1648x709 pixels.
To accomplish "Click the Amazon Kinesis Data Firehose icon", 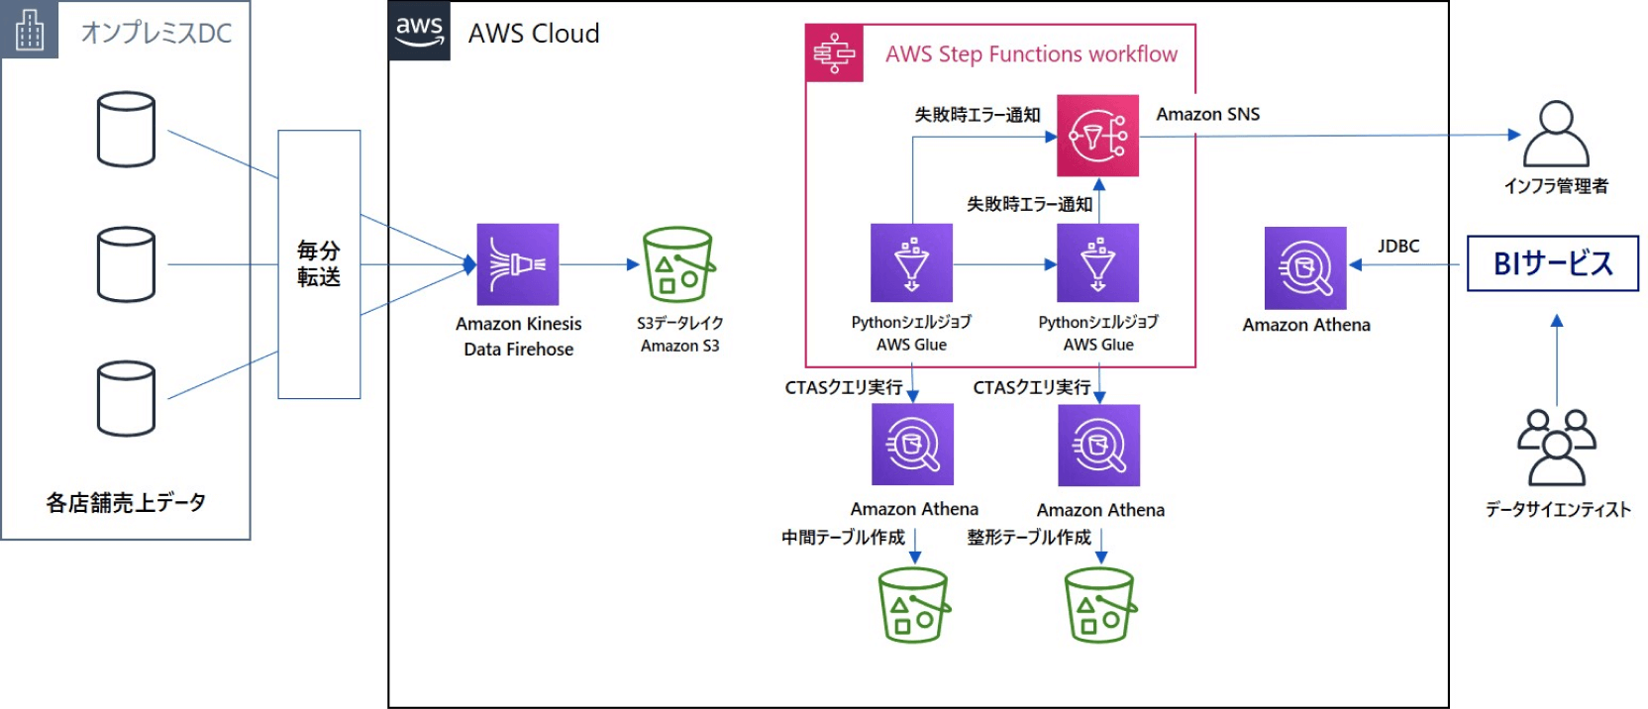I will tap(517, 263).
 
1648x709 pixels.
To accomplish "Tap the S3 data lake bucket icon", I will tap(678, 264).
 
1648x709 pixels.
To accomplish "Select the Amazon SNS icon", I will tap(1097, 136).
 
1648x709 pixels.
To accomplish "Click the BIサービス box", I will tap(1552, 263).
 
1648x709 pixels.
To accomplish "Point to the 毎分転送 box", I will tap(319, 264).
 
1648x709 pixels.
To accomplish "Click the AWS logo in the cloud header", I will tap(419, 31).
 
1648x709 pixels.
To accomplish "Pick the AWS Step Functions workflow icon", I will tap(834, 53).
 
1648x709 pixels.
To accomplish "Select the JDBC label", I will tap(1397, 247).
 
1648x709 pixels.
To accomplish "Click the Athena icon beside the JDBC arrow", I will tap(1305, 267).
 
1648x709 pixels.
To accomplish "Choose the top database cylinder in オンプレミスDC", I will tap(126, 129).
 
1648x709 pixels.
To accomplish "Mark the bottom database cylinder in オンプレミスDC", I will tap(126, 398).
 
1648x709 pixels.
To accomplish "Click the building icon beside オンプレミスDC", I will tap(30, 30).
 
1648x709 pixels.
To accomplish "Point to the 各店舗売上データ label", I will tap(126, 503).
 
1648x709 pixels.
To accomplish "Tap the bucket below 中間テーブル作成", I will tap(913, 605).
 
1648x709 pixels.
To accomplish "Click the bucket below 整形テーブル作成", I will tap(1099, 605).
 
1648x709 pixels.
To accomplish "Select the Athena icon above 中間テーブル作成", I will tap(912, 445).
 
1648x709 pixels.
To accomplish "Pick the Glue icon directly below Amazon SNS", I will tap(1097, 262).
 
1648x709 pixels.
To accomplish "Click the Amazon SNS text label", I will tap(1207, 115).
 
